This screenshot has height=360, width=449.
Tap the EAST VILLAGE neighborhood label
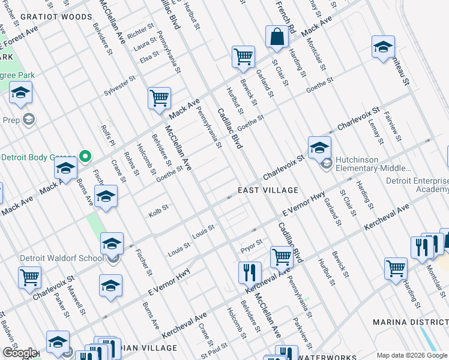point(268,190)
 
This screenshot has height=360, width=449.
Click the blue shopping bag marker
point(277,37)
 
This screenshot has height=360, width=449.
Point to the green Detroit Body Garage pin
point(85,157)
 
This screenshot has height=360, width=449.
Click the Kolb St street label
point(158,213)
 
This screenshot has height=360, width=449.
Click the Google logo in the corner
point(19,353)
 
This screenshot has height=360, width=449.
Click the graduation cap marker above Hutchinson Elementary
point(319,147)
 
